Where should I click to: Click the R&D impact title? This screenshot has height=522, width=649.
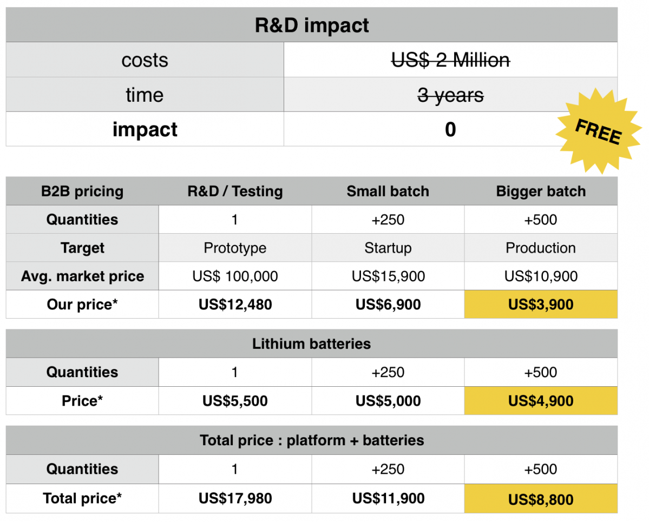point(311,25)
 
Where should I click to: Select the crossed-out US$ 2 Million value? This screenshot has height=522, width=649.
point(450,60)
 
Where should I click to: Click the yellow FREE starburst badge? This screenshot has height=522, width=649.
point(599,131)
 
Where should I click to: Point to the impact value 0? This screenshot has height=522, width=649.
point(450,129)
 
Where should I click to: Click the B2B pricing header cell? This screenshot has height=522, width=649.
point(82,191)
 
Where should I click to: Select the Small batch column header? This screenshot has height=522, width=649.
point(388,191)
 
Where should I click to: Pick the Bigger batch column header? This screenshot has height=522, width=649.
point(541,191)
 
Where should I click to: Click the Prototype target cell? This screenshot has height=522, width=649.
point(235,248)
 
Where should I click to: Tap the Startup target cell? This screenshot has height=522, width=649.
point(388,248)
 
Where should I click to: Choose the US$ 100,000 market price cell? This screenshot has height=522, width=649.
point(235,276)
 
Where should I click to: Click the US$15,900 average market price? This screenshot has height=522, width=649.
point(388,276)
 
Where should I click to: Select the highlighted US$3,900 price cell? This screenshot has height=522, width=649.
point(541,305)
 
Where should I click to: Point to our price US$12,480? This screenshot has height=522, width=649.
point(235,305)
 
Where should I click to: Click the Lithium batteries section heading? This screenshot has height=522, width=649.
point(311,343)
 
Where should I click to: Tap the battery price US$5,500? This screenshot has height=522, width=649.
point(235,401)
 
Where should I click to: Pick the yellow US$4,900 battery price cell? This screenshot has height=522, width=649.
point(541,401)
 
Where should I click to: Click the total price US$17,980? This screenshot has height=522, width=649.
point(235,498)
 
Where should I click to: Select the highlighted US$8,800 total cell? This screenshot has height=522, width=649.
point(541,499)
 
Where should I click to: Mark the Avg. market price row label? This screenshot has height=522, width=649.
point(82,276)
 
